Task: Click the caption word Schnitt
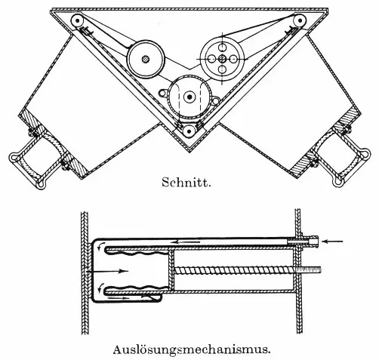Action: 186,182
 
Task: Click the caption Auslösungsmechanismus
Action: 192,349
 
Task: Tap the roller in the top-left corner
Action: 77,20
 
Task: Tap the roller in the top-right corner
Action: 299,20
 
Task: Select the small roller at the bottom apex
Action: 189,131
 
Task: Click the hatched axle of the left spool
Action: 146,60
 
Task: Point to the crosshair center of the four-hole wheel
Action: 222,59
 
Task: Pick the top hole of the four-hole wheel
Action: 222,47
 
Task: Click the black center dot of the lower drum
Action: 189,97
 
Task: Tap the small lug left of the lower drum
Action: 163,94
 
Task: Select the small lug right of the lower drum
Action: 214,100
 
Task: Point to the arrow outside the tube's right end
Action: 333,242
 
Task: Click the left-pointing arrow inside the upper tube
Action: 186,242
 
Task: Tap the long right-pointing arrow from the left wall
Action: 107,271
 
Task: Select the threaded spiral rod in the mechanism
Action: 248,270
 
